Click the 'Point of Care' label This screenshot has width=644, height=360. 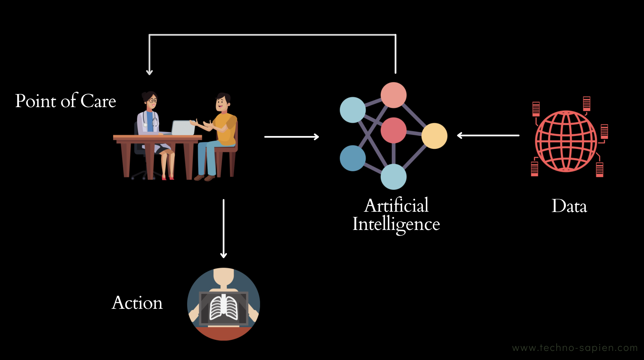click(66, 101)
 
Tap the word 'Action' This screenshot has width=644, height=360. click(137, 303)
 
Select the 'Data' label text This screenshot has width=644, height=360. click(569, 206)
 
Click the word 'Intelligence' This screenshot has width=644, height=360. click(396, 224)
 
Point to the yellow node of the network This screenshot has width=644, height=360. click(434, 136)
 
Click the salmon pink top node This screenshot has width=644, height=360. click(393, 95)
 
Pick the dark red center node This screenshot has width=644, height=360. click(393, 130)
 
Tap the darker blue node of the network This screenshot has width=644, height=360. click(352, 158)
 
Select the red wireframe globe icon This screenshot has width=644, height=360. click(566, 141)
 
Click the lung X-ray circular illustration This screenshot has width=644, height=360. click(223, 304)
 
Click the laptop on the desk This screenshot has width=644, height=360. click(183, 128)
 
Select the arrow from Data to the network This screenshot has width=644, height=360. click(488, 135)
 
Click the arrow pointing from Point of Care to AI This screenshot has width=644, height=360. click(292, 137)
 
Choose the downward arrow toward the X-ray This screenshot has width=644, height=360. click(223, 228)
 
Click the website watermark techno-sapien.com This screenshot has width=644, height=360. click(575, 348)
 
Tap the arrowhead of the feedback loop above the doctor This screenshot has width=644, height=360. click(150, 72)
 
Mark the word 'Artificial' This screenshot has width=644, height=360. click(396, 206)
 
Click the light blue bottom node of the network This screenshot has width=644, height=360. click(393, 177)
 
